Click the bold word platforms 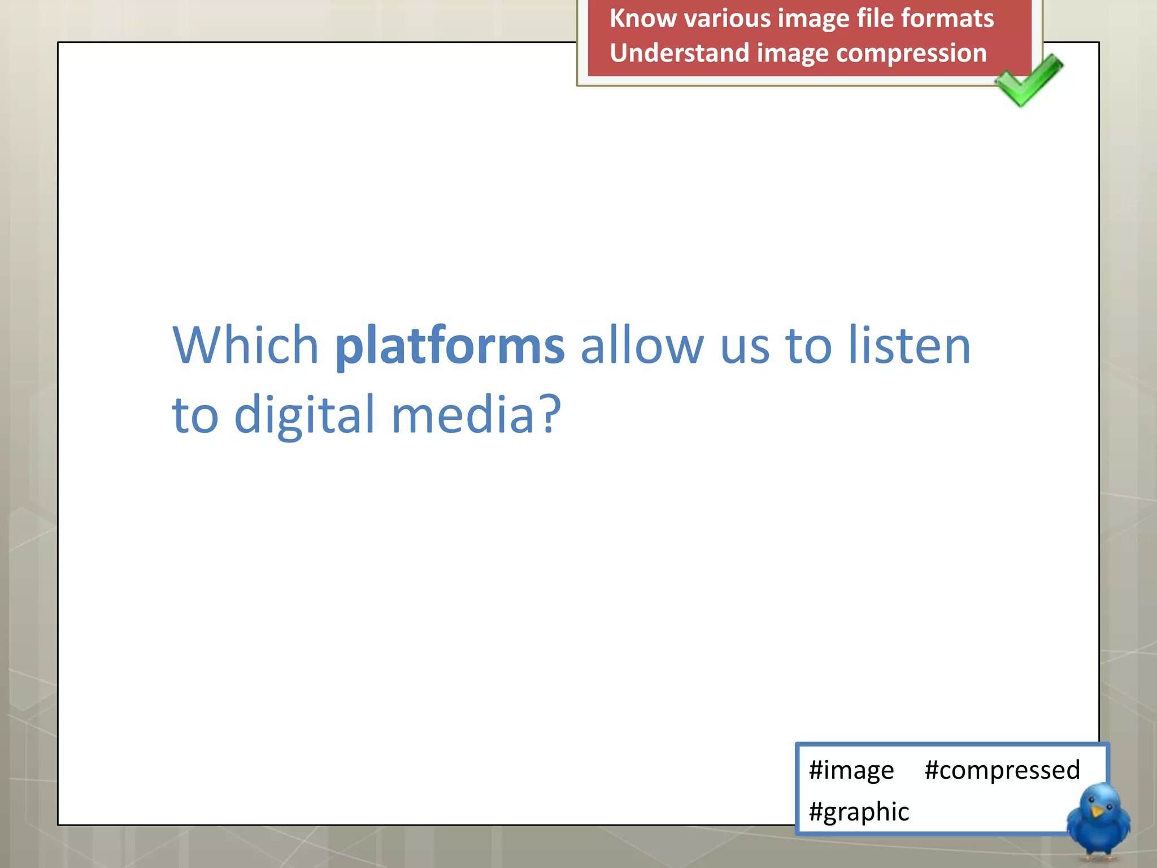coord(450,346)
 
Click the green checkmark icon coord(1028,81)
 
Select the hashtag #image coord(851,770)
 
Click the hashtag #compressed coord(1002,770)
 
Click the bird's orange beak coord(1097,811)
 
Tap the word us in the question coord(745,346)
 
